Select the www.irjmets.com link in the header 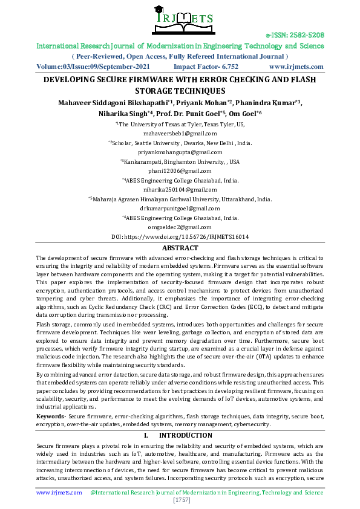296,66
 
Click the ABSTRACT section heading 180,248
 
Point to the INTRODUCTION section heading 180,435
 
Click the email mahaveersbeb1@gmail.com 180,133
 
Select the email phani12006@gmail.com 180,172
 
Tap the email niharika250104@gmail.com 180,190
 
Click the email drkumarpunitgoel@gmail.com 180,208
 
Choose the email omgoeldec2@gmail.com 180,227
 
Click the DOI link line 180,236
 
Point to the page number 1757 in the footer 180,501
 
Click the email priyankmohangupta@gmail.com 180,152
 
